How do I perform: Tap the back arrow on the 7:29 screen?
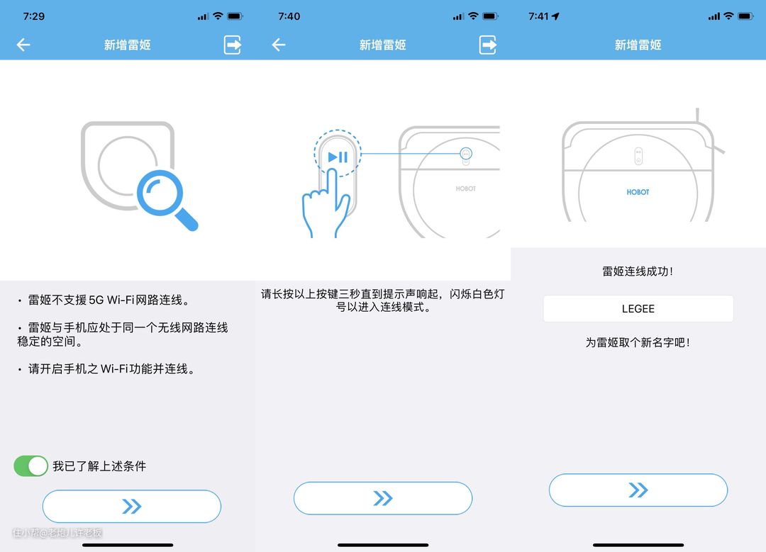23,45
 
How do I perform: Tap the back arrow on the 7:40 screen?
279,45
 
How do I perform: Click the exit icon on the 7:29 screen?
233,45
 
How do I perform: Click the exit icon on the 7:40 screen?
487,45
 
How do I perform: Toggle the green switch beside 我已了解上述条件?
30,466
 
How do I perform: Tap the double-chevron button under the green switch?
132,506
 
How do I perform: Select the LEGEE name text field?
638,308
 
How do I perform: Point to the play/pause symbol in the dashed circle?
338,157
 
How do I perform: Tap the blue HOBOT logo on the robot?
638,192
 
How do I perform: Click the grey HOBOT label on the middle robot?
465,189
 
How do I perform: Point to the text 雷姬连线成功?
638,271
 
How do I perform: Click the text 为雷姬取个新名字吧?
638,343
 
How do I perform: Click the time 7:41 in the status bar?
538,16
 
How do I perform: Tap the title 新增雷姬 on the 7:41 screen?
638,45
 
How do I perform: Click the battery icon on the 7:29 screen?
235,16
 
